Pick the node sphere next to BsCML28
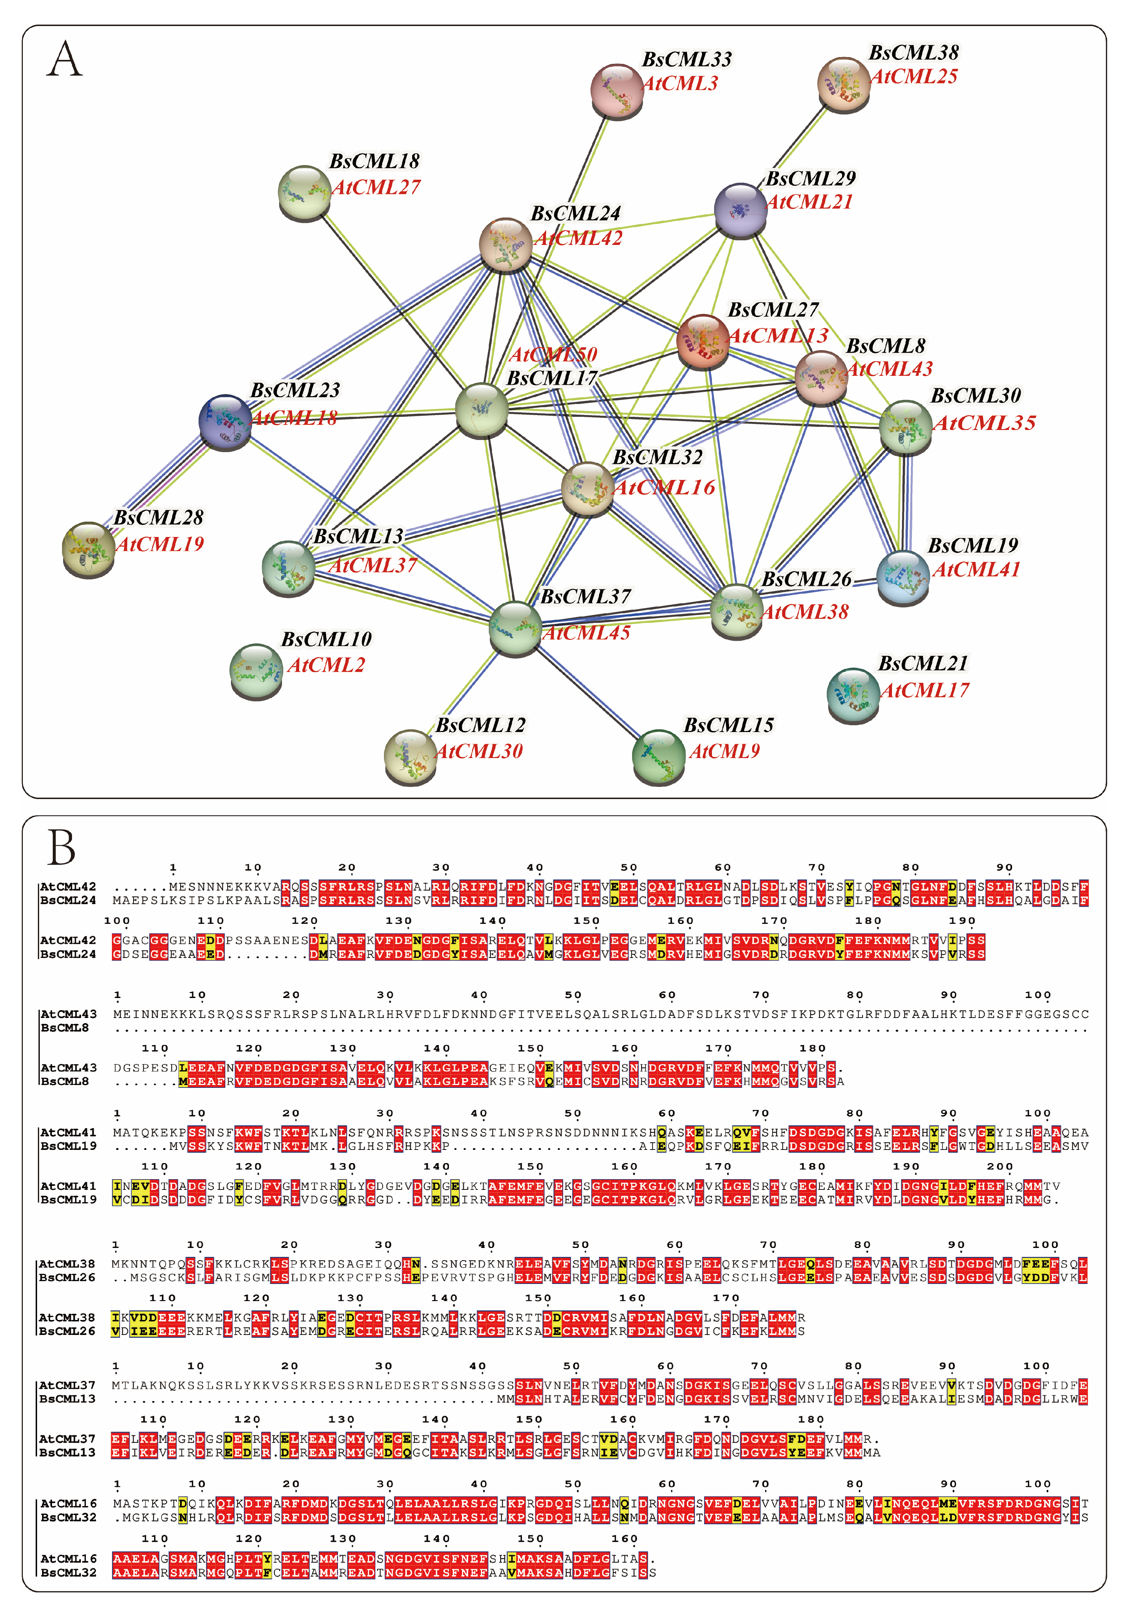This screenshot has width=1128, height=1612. point(88,549)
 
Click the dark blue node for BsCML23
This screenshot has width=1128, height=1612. point(225,422)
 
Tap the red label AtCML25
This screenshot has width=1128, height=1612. point(914,77)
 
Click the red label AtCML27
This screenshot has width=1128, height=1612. point(376,188)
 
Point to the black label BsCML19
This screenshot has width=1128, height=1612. point(973,546)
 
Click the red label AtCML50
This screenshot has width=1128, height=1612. point(553,354)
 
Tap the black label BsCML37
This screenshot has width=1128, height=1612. point(585,597)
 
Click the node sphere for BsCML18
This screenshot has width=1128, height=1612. point(304,193)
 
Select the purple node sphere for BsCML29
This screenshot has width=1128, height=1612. point(740,210)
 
